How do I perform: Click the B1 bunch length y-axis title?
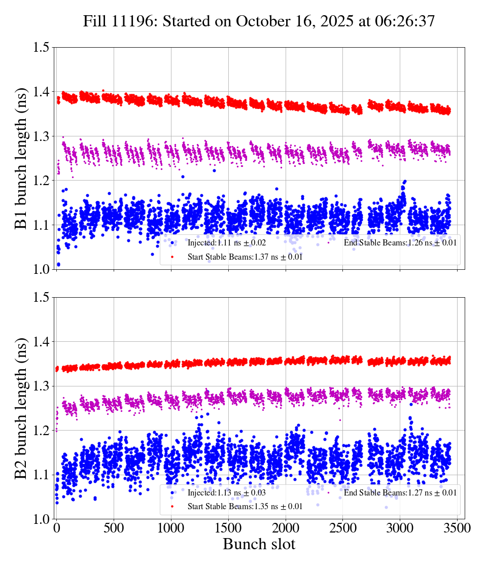(x=21, y=158)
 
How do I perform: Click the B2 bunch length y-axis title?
(x=21, y=408)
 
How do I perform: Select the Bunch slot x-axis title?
(x=259, y=545)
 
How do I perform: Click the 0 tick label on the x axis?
(x=56, y=528)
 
